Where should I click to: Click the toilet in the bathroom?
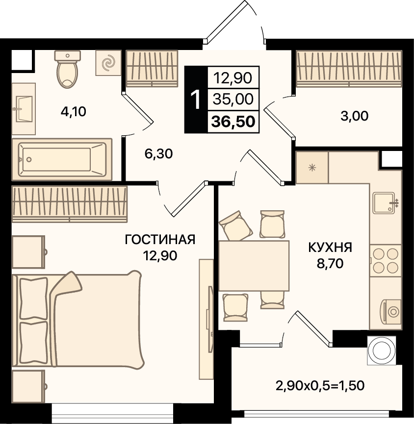[67, 69]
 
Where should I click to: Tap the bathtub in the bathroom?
[62, 159]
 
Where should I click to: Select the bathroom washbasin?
[24, 109]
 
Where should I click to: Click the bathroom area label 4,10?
[73, 111]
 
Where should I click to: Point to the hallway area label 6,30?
[158, 154]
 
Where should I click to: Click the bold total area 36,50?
[233, 122]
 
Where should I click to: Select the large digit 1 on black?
[195, 100]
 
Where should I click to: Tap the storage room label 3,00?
[355, 116]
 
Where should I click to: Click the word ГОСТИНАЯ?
[160, 240]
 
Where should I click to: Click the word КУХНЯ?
[330, 248]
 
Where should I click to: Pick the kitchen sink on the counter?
[385, 202]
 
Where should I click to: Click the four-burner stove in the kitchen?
[386, 261]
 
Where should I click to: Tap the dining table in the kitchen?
[254, 266]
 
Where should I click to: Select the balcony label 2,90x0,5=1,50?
[320, 386]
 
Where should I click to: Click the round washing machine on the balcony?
[382, 350]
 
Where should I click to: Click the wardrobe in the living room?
[70, 204]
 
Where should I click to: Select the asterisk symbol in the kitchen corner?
[312, 168]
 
